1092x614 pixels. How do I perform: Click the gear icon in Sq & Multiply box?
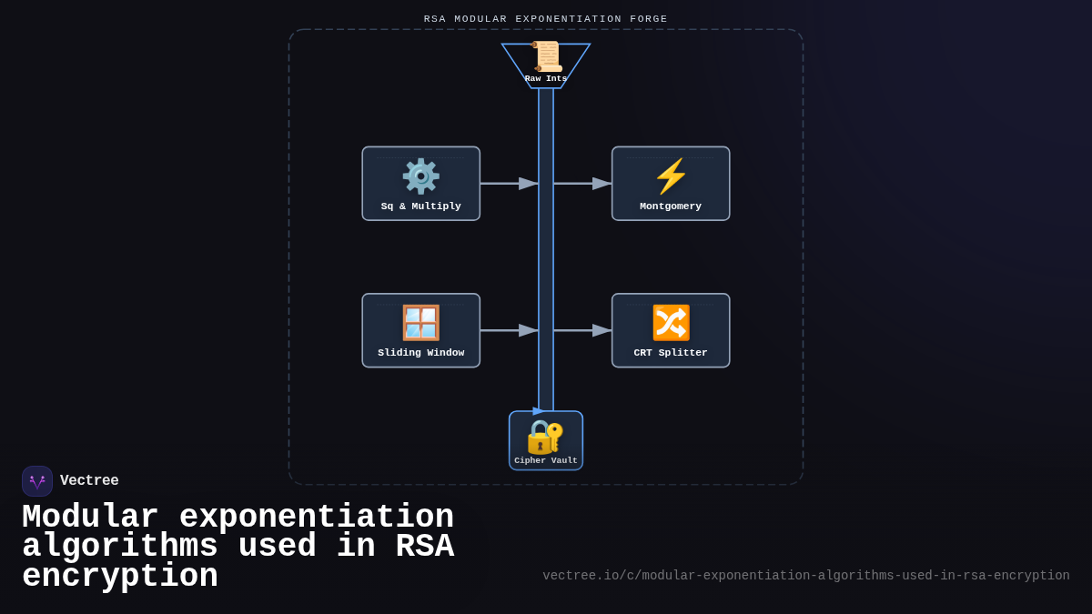point(420,176)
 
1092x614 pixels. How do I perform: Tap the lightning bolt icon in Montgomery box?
point(671,176)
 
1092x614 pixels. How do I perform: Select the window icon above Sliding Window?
point(420,323)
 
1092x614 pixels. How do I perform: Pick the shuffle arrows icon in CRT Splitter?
point(671,323)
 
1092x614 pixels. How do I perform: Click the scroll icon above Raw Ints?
point(547,56)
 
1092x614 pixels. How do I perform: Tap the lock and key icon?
point(545,437)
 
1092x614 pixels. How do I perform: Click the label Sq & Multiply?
point(420,206)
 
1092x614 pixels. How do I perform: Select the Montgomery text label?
point(671,206)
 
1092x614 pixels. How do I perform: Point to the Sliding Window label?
point(420,353)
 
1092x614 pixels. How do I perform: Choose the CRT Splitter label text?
point(671,353)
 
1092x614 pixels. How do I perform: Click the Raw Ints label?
point(546,79)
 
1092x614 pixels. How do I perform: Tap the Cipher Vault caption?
point(546,461)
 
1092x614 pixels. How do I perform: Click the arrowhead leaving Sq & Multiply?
point(529,184)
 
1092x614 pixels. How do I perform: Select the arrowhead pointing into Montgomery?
point(602,184)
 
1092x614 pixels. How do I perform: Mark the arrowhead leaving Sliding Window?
point(529,330)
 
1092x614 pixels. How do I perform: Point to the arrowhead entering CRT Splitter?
point(602,330)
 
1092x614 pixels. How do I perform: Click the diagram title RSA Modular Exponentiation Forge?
point(546,19)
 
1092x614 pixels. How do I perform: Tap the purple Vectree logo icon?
point(37,481)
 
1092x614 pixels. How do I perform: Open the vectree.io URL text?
point(806,576)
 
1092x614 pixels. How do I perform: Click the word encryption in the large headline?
point(120,577)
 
